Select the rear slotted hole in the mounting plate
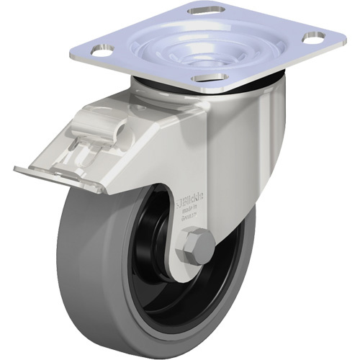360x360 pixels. (207, 10)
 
